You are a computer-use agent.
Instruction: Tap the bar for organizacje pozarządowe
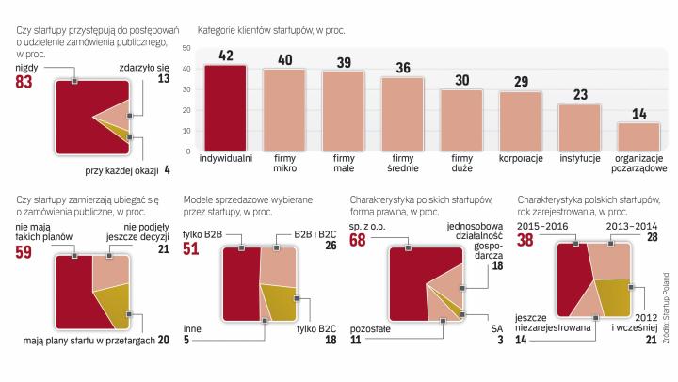tap(639, 135)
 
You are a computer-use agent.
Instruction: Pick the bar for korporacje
tap(521, 119)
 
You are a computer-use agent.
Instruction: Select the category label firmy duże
tap(461, 163)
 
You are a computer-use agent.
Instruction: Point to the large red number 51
tap(191, 248)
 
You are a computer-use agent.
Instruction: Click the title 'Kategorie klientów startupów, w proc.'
tap(269, 30)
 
